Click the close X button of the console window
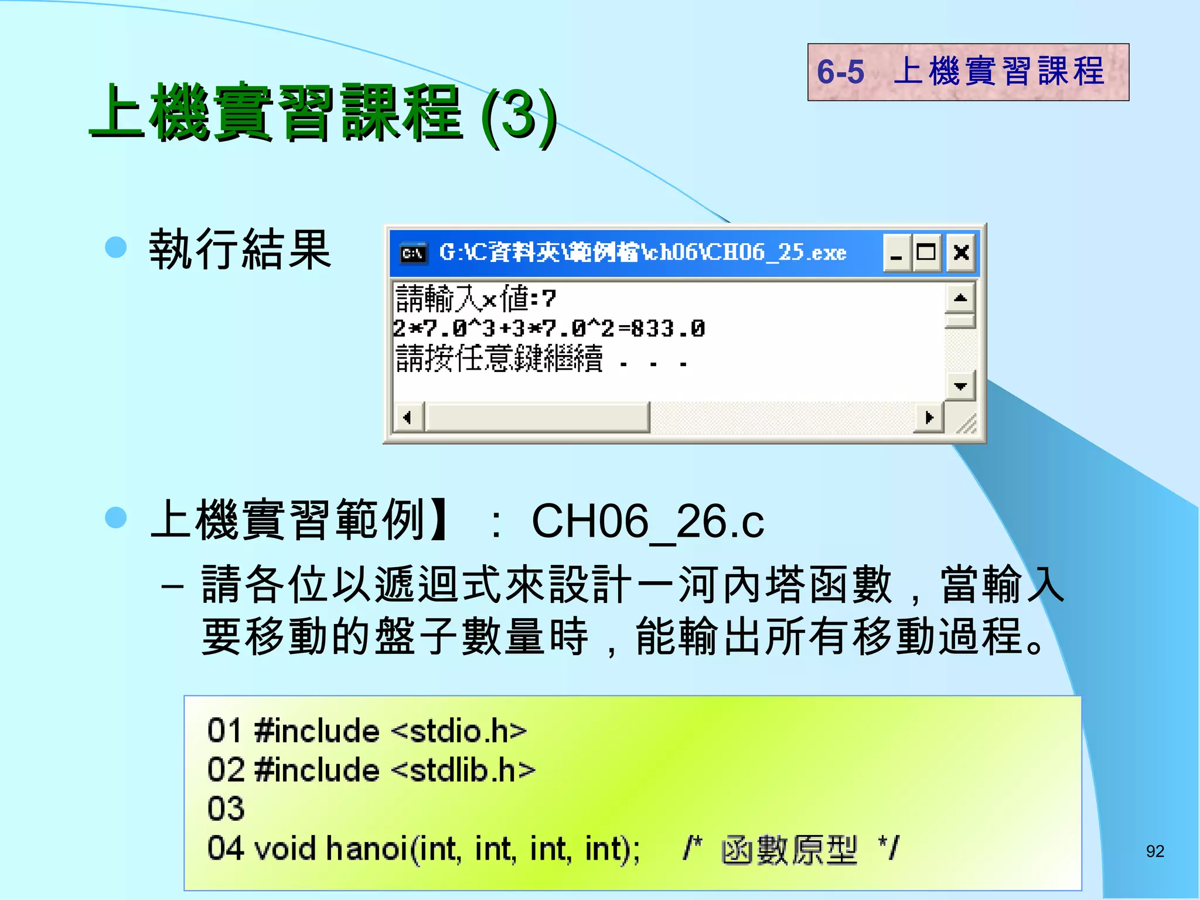pyautogui.click(x=961, y=253)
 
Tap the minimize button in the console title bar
pyautogui.click(x=896, y=253)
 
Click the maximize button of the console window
pyautogui.click(x=926, y=253)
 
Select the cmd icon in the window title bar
pyautogui.click(x=413, y=253)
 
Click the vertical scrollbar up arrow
pyautogui.click(x=960, y=298)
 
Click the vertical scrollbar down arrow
pyautogui.click(x=960, y=386)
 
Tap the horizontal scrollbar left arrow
pyautogui.click(x=407, y=418)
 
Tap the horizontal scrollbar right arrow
pyautogui.click(x=929, y=418)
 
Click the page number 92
pyautogui.click(x=1155, y=851)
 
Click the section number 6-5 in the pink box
pyautogui.click(x=840, y=72)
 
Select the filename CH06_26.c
pyautogui.click(x=647, y=521)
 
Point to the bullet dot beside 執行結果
pyautogui.click(x=116, y=247)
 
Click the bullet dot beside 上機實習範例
pyautogui.click(x=116, y=517)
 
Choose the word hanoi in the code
pyautogui.click(x=367, y=848)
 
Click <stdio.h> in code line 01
pyautogui.click(x=459, y=731)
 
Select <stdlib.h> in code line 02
pyautogui.click(x=463, y=770)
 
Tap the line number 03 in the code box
pyautogui.click(x=226, y=809)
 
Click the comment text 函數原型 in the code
pyautogui.click(x=789, y=850)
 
